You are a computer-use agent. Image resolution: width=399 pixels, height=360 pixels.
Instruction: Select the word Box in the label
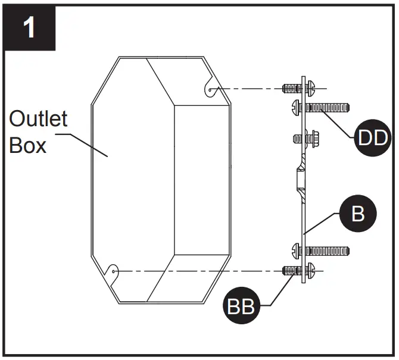(27, 145)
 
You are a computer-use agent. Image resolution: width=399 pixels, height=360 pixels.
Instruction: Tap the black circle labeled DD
(371, 139)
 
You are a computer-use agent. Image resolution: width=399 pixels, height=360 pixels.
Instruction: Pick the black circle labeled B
(357, 214)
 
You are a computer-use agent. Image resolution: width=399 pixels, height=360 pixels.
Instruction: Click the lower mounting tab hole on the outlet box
(114, 272)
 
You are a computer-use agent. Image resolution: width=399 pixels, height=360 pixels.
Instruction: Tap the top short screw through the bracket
(292, 89)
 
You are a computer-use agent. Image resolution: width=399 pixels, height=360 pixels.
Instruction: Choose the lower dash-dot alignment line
(197, 272)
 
